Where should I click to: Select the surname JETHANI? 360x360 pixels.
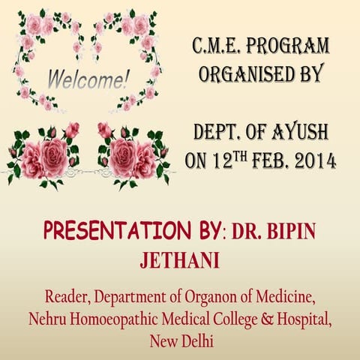(x=179, y=260)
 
